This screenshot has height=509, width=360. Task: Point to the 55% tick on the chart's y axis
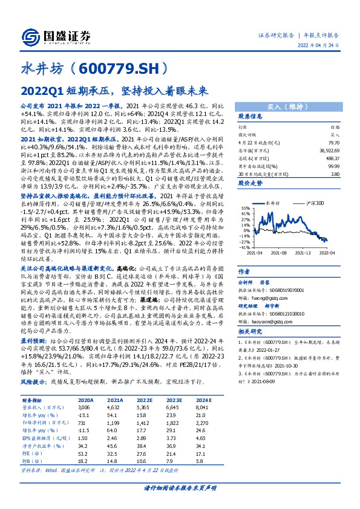tap(244, 195)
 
